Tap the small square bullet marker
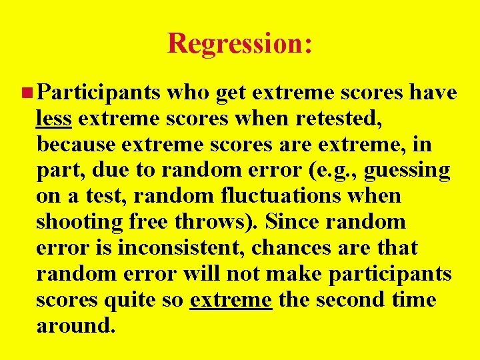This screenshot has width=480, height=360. [25, 93]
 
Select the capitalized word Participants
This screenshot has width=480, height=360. [99, 93]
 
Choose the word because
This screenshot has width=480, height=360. [77, 145]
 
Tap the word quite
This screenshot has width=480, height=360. [133, 300]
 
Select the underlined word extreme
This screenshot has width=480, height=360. [231, 300]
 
